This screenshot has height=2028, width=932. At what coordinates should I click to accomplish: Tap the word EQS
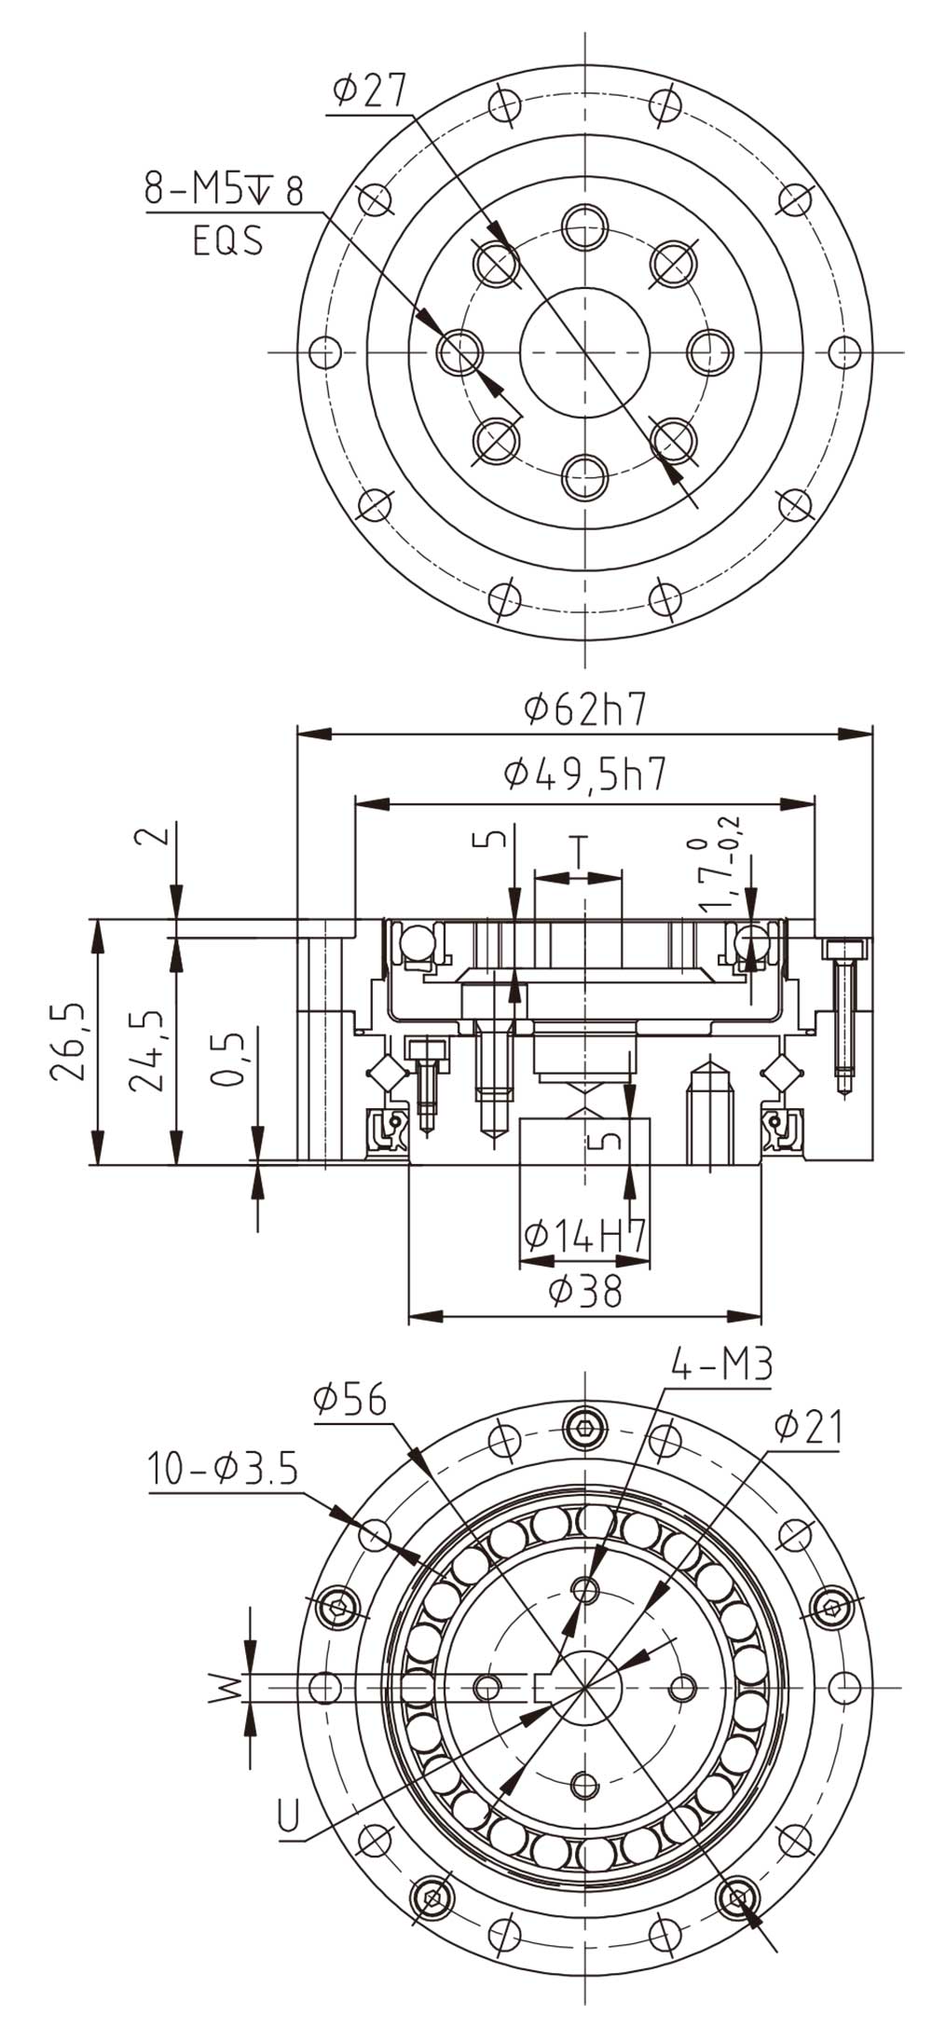pos(227,241)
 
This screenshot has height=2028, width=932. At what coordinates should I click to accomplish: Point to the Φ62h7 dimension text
pos(584,711)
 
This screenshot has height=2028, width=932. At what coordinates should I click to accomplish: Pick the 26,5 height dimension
pos(68,1041)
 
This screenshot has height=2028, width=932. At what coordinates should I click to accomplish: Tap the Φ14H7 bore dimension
pos(584,1236)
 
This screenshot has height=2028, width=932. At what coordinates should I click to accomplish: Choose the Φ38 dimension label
pos(584,1291)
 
